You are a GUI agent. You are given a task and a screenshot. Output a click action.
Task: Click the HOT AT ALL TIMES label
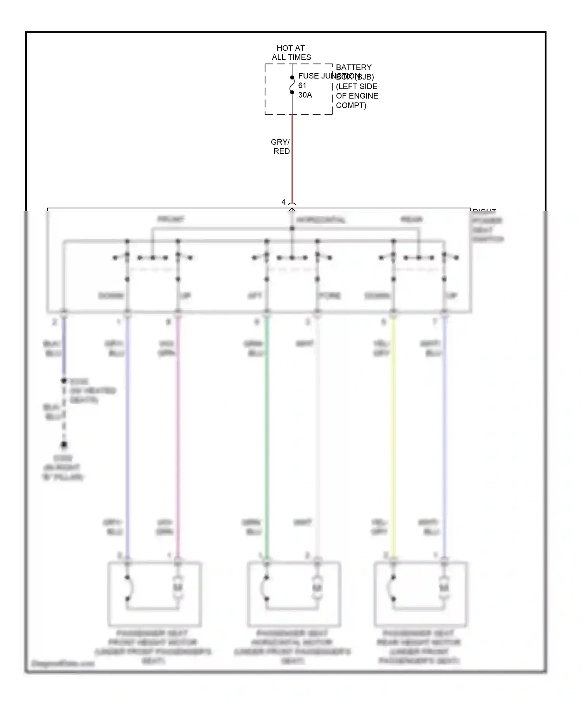pos(291,53)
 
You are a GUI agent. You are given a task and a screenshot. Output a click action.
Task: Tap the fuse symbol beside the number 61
pos(292,85)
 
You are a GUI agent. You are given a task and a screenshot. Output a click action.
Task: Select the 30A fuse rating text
pos(305,95)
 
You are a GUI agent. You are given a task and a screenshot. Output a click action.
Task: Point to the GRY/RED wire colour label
pos(281,147)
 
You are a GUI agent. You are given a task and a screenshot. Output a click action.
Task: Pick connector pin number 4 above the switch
pos(283,202)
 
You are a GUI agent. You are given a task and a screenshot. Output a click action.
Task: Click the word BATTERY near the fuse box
pos(353,68)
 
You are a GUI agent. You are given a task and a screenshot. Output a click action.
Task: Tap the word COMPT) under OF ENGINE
pos(351,106)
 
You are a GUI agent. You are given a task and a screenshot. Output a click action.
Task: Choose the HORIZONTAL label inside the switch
pos(320,220)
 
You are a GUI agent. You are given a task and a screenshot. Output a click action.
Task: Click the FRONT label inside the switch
pos(171,219)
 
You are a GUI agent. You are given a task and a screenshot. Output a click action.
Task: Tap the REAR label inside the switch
pos(411,220)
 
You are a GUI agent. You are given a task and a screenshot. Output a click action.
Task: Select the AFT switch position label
pos(255,296)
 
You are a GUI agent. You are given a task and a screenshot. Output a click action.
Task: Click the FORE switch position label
pos(330,296)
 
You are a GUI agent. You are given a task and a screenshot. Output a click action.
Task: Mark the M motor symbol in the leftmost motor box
pos(178,588)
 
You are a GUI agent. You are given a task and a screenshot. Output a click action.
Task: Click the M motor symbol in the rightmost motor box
pos(444,588)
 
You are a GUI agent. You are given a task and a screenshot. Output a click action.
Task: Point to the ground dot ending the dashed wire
pos(64,445)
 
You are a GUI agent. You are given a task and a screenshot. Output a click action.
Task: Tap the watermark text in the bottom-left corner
pos(63,663)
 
